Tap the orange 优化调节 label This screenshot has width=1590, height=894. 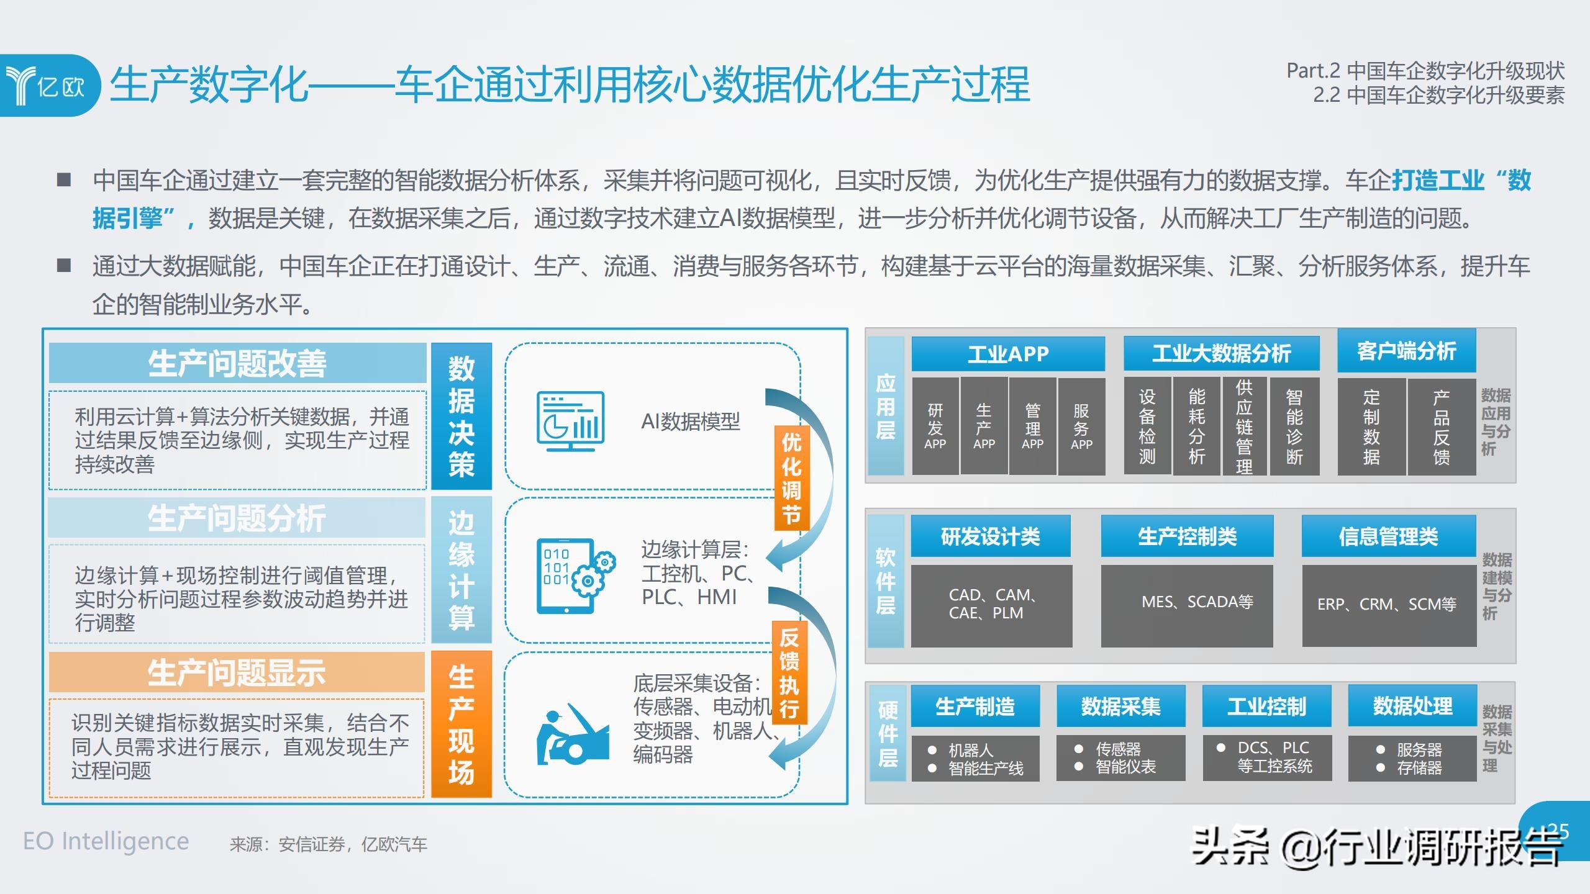(x=791, y=478)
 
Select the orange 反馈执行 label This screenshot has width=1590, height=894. (x=789, y=673)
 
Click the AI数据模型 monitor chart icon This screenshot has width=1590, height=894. (x=570, y=421)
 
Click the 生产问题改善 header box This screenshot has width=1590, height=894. (x=237, y=363)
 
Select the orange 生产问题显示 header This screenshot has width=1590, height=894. (x=237, y=672)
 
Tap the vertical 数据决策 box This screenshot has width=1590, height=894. (x=461, y=416)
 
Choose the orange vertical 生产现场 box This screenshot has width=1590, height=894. (x=461, y=724)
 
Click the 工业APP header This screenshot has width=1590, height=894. (x=1007, y=354)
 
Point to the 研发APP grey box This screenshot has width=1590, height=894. (x=935, y=427)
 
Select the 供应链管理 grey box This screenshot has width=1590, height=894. (x=1244, y=427)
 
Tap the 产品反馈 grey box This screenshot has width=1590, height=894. (x=1441, y=427)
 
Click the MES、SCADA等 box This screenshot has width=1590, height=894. (x=1187, y=605)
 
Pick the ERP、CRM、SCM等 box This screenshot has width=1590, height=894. (x=1389, y=605)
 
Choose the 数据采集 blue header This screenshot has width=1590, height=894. (x=1120, y=707)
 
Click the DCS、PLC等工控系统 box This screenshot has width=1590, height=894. (x=1267, y=757)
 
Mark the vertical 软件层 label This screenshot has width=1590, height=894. (x=886, y=581)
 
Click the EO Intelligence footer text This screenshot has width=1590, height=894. (x=106, y=842)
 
